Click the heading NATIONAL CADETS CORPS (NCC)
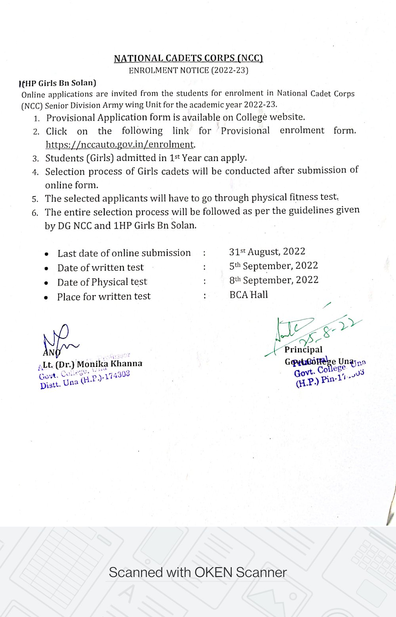(188, 59)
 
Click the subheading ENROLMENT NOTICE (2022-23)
(188, 70)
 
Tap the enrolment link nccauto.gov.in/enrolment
(120, 144)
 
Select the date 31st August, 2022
(267, 252)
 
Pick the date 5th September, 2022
(273, 266)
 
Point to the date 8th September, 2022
(274, 280)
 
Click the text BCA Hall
(249, 295)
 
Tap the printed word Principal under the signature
(303, 349)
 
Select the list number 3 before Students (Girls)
(36, 159)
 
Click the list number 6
(35, 213)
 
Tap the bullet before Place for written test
(46, 297)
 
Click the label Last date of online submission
(124, 253)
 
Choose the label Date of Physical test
(102, 282)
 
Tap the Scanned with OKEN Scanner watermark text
(198, 572)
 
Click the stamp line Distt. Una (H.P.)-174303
(85, 379)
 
